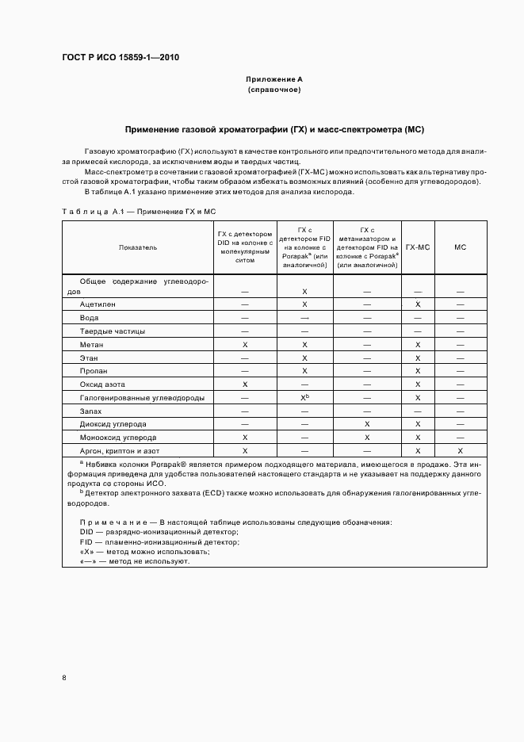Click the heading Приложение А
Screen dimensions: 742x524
coord(274,80)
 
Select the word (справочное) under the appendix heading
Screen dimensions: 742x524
coord(274,90)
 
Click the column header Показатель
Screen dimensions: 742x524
coord(137,247)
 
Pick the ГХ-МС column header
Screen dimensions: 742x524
coord(418,247)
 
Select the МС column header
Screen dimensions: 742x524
coord(460,247)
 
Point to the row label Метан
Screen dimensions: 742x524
coord(91,345)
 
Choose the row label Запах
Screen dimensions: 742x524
coord(91,411)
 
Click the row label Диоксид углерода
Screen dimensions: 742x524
coord(112,424)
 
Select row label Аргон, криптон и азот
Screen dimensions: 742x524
coord(118,450)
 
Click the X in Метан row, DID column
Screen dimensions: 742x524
coord(245,345)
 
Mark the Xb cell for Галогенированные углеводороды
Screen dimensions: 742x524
coord(304,397)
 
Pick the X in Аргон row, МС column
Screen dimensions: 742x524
coord(460,450)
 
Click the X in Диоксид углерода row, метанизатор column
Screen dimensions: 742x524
coord(367,424)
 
